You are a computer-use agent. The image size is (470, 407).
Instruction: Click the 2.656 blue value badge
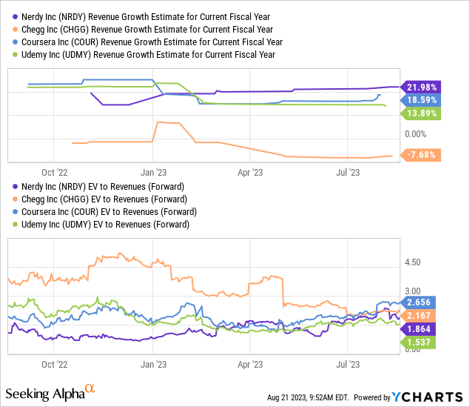coord(422,302)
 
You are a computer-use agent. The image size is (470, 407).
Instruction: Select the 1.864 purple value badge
coord(422,329)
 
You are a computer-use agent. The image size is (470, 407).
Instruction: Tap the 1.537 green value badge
coord(422,343)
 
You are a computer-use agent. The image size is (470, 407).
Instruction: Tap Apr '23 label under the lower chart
coord(252,365)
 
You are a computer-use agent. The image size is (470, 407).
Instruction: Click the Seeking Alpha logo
coord(50,391)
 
